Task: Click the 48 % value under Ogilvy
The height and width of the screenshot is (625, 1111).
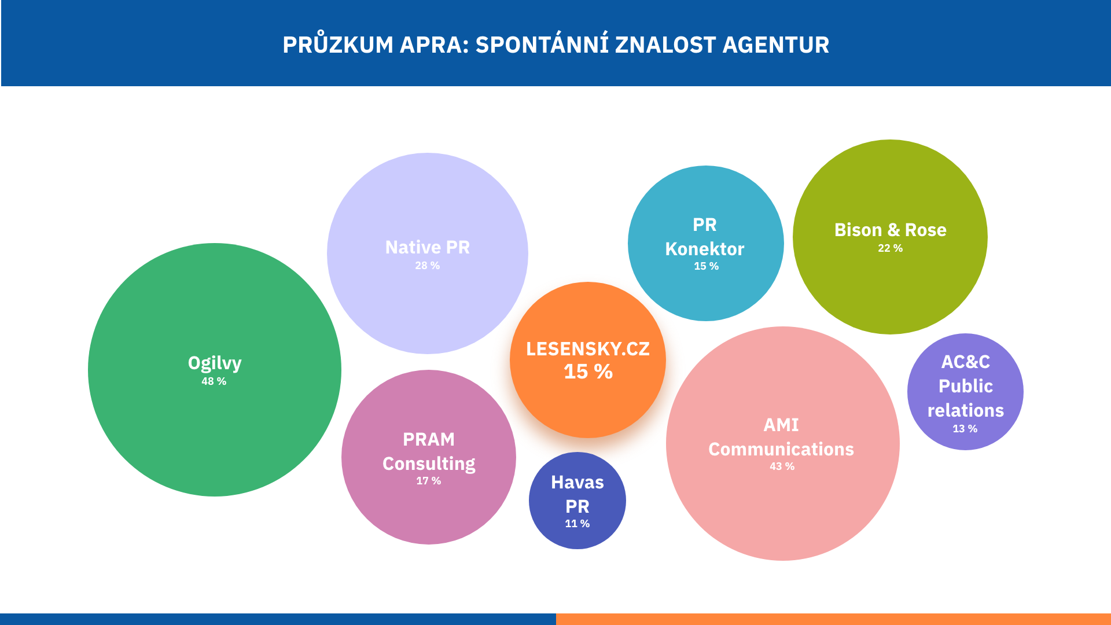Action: tap(214, 381)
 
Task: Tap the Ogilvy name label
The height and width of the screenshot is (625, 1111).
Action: tap(215, 363)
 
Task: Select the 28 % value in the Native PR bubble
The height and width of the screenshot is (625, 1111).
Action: tap(428, 266)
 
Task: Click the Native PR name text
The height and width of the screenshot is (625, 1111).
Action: tap(428, 247)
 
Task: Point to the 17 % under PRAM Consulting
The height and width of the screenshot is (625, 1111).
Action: tap(429, 481)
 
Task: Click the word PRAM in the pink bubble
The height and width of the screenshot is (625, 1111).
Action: tap(429, 439)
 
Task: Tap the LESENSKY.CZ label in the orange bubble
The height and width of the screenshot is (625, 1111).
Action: tap(588, 349)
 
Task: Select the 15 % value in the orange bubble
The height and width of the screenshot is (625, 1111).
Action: tap(588, 372)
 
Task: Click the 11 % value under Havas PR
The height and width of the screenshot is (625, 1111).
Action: tap(577, 524)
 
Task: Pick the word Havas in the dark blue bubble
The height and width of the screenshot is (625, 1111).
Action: tap(577, 482)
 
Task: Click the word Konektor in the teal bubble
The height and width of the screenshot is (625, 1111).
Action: tap(705, 249)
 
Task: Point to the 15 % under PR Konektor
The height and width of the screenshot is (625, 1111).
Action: tap(707, 266)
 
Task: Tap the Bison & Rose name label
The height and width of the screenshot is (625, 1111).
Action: tap(891, 230)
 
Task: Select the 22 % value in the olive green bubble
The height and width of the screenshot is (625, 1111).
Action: tap(891, 248)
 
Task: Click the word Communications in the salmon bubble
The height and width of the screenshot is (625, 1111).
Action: tap(781, 449)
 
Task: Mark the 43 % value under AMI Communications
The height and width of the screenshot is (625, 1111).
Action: tap(782, 466)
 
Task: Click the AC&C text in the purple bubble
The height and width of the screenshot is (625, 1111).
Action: tap(966, 362)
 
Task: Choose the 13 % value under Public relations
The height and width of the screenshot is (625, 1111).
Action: tap(965, 429)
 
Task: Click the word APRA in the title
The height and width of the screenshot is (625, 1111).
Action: tap(435, 45)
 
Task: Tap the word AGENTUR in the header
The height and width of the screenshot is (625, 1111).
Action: tap(776, 45)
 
